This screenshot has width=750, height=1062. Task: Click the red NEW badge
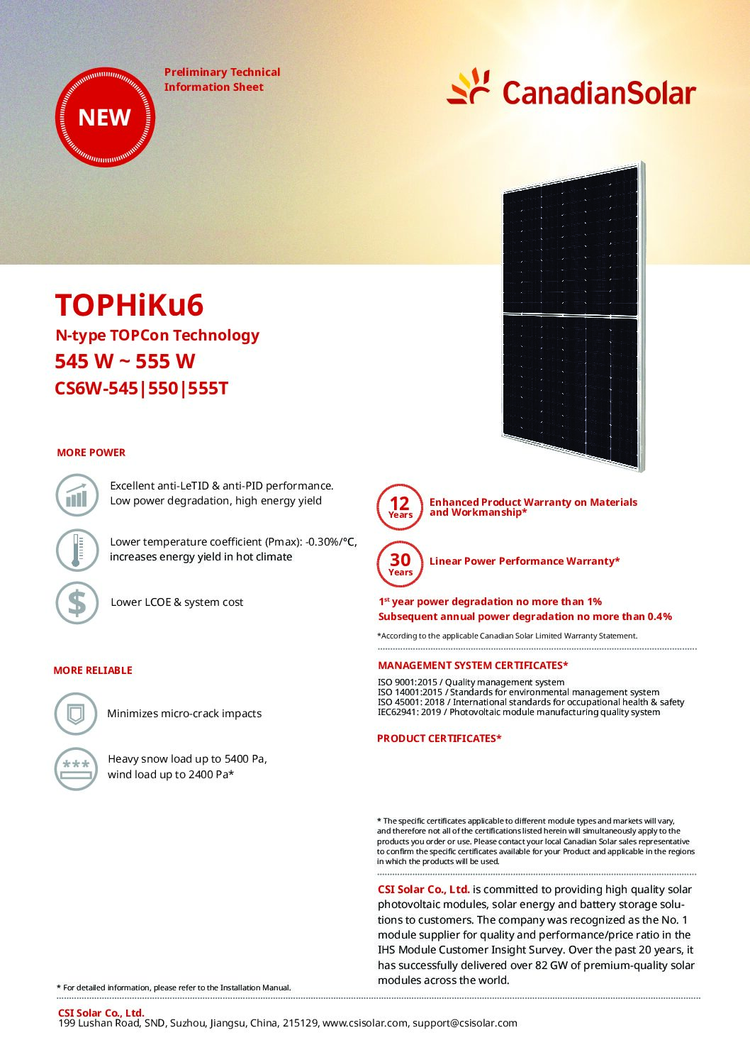coord(105,117)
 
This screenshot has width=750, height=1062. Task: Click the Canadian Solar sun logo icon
coord(469,87)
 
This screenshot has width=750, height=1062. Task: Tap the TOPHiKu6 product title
coord(130,305)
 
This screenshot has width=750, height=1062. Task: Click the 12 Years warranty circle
coord(400,507)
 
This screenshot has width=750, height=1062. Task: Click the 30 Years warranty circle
coord(400,564)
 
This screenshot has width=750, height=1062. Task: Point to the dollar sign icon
coord(77,603)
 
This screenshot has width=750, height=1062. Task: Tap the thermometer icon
coord(77,550)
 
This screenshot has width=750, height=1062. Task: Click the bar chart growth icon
coord(77,495)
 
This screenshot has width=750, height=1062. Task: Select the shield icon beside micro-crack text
coord(75,714)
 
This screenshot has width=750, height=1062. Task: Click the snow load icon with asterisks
coord(76,768)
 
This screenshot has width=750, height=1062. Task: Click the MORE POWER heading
coord(91,453)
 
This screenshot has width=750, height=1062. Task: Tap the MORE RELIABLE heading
coord(93,670)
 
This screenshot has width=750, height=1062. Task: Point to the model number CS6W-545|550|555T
coord(142,389)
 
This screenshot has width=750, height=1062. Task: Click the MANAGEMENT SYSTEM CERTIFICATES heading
coord(473,665)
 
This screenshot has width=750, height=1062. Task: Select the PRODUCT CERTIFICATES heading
coord(440,739)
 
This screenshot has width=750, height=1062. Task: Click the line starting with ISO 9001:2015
coord(471,682)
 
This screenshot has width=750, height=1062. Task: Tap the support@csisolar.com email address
coord(465,1023)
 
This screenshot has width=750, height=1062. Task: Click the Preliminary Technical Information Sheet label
coord(222,79)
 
